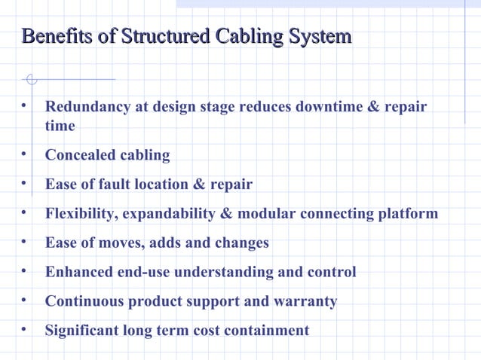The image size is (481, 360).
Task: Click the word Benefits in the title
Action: coord(51,36)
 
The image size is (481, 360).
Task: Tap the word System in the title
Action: coord(321,36)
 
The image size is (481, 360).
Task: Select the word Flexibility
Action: coord(79,214)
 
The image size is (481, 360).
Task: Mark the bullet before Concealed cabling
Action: coord(25,154)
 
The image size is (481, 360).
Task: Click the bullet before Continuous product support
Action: coord(25,301)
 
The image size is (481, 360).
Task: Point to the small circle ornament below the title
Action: coord(31,78)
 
